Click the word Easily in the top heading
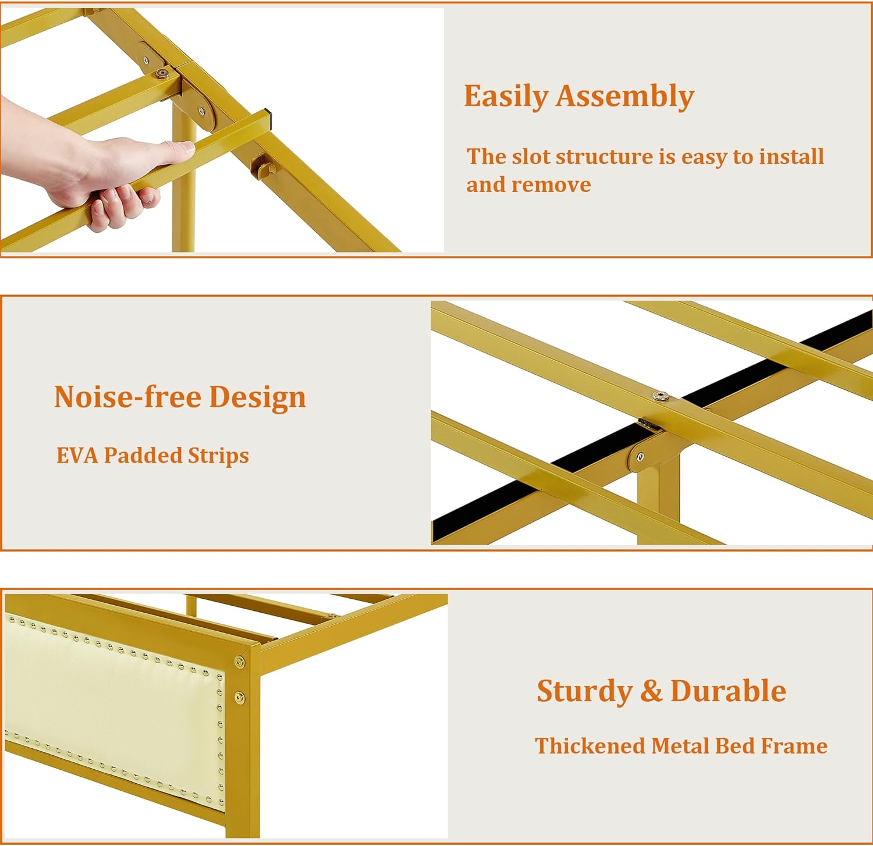pos(505,97)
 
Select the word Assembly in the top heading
pos(625,97)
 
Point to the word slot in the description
pos(531,157)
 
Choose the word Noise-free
pos(127,397)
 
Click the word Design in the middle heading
pos(257,398)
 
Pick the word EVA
pos(77,456)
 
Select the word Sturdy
pos(584,691)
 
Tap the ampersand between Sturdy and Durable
pos(651,691)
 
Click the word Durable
pos(728,691)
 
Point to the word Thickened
pos(590,746)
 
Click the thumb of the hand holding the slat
pos(175,150)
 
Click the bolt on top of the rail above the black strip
pos(659,397)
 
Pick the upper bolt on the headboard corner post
pos(239,662)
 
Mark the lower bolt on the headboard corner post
pos(239,697)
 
